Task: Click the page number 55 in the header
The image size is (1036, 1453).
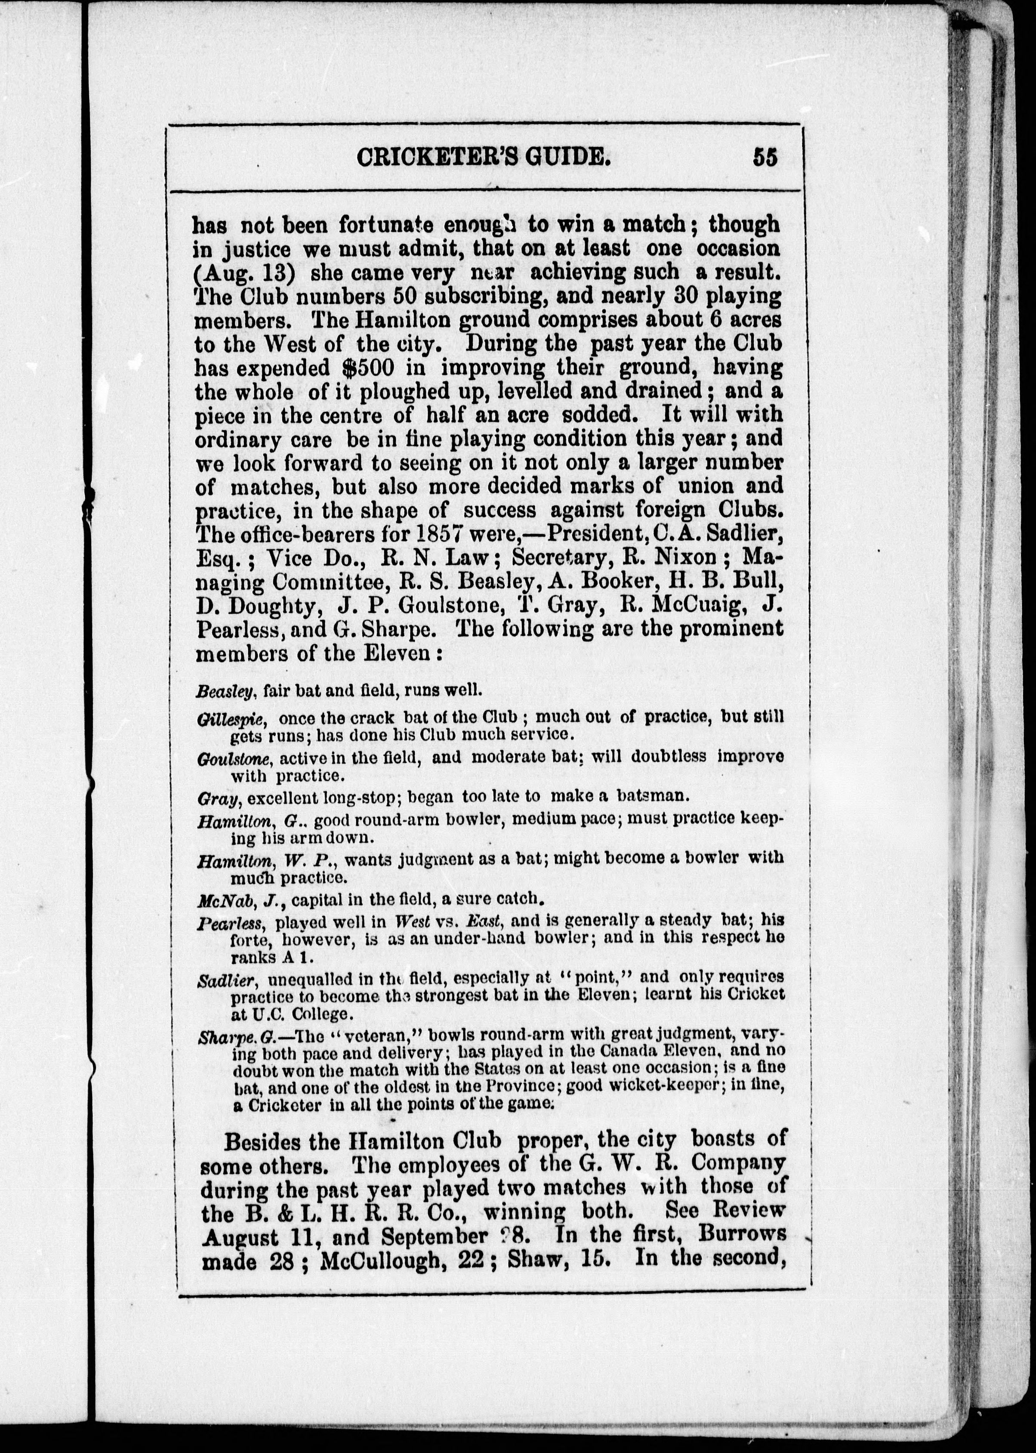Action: click(765, 157)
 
